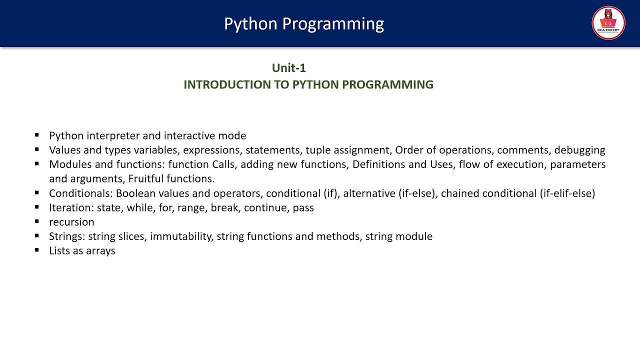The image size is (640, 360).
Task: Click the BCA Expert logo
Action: point(608,23)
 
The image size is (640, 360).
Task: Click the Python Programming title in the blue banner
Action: point(304,23)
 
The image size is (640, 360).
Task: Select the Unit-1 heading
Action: point(288,68)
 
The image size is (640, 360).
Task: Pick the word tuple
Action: point(318,150)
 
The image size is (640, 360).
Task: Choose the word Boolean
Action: point(135,193)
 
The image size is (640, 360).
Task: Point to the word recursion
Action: point(71,222)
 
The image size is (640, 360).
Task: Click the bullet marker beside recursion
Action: point(37,221)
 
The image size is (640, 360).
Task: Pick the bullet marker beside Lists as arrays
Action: point(37,250)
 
